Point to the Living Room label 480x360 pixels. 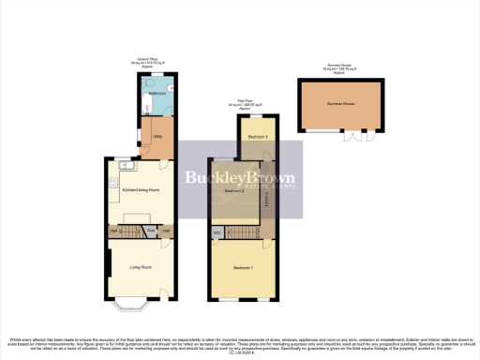tap(141, 267)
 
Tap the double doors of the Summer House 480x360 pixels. tap(357, 136)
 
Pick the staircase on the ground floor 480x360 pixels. tap(131, 231)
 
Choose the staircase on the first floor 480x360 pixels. tap(247, 231)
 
